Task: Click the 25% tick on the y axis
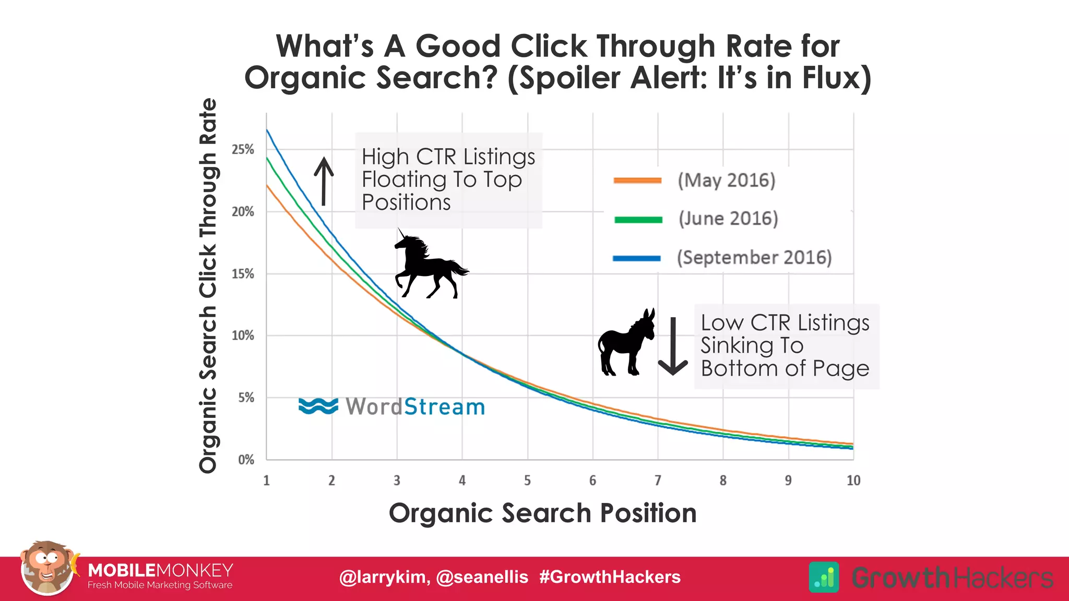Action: point(243,150)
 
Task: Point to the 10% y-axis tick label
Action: point(243,335)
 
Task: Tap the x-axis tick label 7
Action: point(658,480)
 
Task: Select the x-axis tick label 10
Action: point(853,480)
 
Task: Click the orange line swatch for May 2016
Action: point(637,181)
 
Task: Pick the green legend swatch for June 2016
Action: point(638,220)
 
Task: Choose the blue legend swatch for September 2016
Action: point(637,258)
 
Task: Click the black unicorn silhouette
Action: point(429,266)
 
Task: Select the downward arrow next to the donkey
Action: point(673,346)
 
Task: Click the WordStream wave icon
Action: point(318,406)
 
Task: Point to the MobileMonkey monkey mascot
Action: point(47,568)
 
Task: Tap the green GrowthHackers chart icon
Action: point(824,577)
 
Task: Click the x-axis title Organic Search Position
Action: point(543,513)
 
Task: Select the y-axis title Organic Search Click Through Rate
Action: point(208,286)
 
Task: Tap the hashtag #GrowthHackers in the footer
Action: point(610,577)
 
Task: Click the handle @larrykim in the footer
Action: point(384,577)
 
